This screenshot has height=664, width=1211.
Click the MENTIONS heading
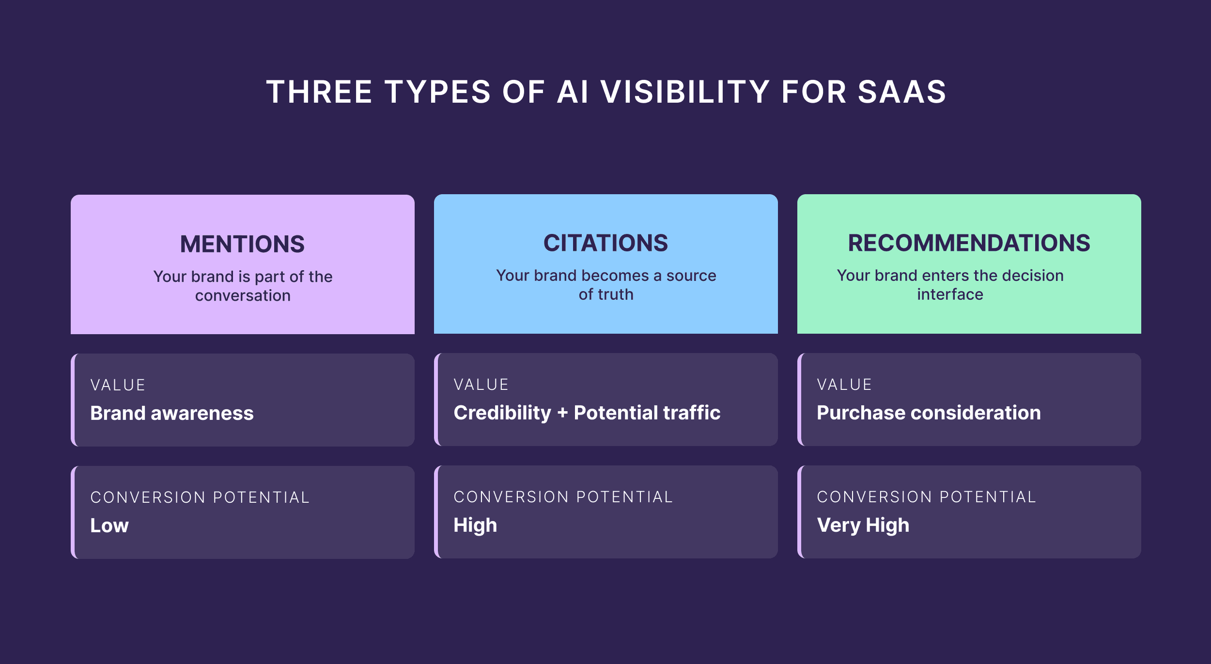coord(242,244)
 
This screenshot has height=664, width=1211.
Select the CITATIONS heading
coord(605,243)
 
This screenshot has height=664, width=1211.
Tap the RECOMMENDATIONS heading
coord(969,243)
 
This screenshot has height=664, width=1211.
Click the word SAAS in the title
coord(902,92)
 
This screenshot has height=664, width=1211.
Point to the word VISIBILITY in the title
coord(685,92)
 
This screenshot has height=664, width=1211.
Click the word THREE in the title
coord(319,92)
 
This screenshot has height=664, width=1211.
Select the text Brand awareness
coord(172,413)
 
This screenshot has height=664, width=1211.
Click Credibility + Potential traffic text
coord(587,413)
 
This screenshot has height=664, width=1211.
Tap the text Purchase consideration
coord(929,413)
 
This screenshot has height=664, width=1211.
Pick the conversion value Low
coord(109,525)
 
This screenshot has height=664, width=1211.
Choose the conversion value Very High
coord(863,525)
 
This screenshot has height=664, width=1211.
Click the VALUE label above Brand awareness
coord(118,385)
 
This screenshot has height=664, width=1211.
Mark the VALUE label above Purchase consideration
coord(844,385)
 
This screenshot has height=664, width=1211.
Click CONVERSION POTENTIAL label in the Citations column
coord(563,497)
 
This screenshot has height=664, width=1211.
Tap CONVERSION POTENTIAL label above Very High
coord(926,497)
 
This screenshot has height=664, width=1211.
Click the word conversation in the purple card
coord(243,295)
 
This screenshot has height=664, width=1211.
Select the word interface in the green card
coord(950,294)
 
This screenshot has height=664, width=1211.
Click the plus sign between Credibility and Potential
coord(562,413)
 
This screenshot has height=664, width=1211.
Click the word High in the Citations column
coord(475,525)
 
